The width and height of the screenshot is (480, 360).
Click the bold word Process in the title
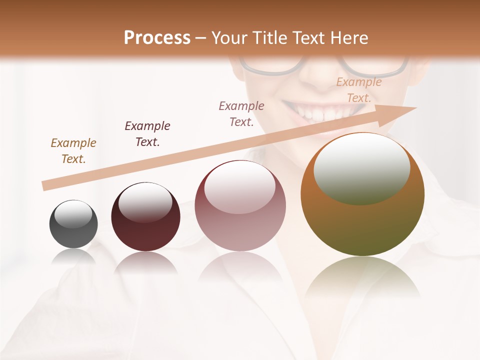click(x=157, y=38)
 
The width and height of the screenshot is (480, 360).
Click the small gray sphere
click(x=73, y=224)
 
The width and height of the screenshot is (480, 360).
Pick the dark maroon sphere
click(x=145, y=220)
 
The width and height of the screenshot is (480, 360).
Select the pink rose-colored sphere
click(x=240, y=210)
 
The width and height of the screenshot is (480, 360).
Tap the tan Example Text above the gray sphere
click(x=73, y=150)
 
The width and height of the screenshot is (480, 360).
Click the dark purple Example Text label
click(x=147, y=133)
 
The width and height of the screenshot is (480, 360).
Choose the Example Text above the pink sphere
click(x=241, y=113)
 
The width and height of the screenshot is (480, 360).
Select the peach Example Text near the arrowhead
click(x=358, y=90)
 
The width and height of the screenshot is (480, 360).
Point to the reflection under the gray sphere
click(x=73, y=257)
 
